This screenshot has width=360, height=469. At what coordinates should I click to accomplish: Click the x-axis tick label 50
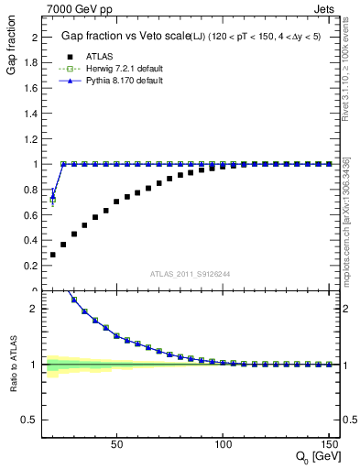pyautogui.click(x=116, y=444)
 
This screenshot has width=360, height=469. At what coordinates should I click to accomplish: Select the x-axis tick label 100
pyautogui.click(x=223, y=444)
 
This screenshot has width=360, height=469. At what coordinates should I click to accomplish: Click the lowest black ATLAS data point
pyautogui.click(x=53, y=255)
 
